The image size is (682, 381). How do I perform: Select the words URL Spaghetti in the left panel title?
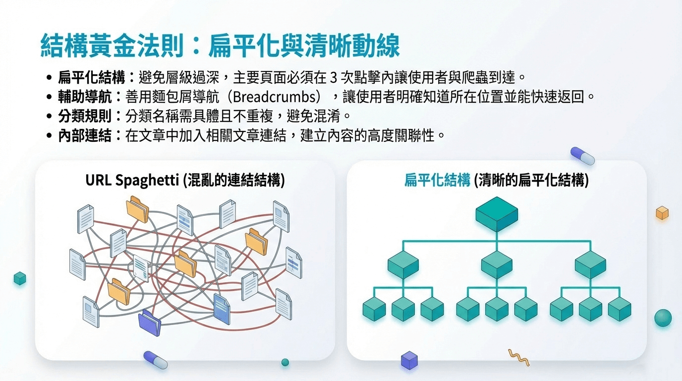[x=132, y=180]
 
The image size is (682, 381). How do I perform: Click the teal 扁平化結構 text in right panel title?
[x=437, y=180]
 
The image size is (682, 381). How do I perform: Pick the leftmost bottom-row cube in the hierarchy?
[x=374, y=309]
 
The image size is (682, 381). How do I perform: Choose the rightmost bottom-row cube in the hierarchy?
[x=619, y=309]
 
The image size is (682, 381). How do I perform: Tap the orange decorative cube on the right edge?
[x=662, y=213]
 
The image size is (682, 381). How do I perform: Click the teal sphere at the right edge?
[x=663, y=317]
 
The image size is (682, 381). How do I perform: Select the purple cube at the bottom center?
[x=409, y=360]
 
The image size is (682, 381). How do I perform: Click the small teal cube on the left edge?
[x=20, y=278]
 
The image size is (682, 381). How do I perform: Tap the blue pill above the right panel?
[x=582, y=155]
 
